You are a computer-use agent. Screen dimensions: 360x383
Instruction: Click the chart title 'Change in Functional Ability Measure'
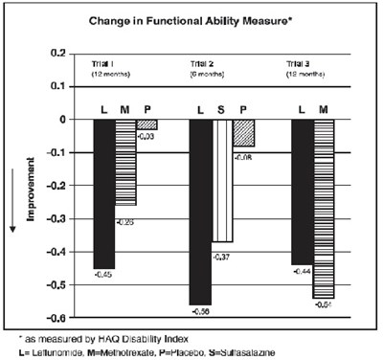coord(191,19)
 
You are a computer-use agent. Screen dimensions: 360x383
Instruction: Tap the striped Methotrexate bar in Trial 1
coord(125,162)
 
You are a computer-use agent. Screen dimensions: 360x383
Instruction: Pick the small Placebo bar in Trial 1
coord(146,124)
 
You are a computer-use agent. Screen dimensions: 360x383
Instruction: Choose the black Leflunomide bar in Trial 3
coord(302,191)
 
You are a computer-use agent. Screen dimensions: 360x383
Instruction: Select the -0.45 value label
coord(104,275)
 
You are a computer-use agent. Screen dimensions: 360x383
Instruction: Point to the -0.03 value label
coord(146,136)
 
